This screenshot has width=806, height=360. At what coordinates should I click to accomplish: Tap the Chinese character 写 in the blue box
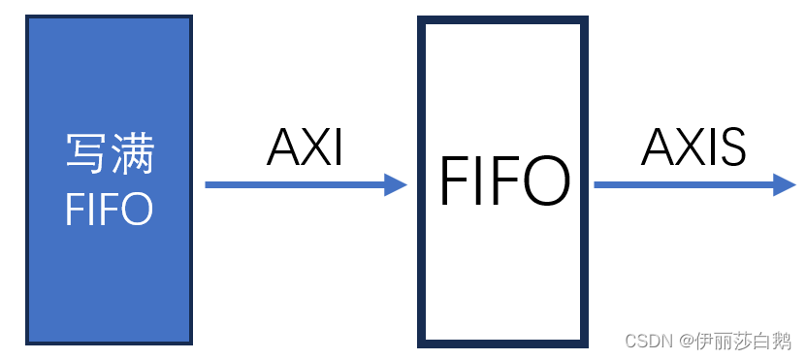(87, 154)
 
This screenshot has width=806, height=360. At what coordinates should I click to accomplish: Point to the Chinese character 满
(132, 154)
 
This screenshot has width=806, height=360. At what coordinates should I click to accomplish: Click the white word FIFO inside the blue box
(109, 209)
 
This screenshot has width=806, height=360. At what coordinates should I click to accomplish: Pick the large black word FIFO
(503, 181)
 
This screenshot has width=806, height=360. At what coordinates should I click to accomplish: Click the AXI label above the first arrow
(305, 147)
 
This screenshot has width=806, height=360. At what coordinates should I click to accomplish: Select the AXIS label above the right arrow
(693, 147)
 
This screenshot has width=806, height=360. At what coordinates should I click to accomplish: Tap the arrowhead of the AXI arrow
(396, 184)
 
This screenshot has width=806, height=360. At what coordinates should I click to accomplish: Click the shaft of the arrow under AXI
(291, 184)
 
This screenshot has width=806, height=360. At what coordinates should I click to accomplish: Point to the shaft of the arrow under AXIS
(679, 184)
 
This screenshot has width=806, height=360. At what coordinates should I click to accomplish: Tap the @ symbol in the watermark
(686, 341)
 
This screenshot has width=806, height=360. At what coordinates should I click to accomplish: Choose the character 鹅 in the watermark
(783, 341)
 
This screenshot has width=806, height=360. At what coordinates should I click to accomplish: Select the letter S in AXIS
(729, 147)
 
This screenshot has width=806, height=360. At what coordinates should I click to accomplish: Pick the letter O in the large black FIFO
(543, 181)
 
